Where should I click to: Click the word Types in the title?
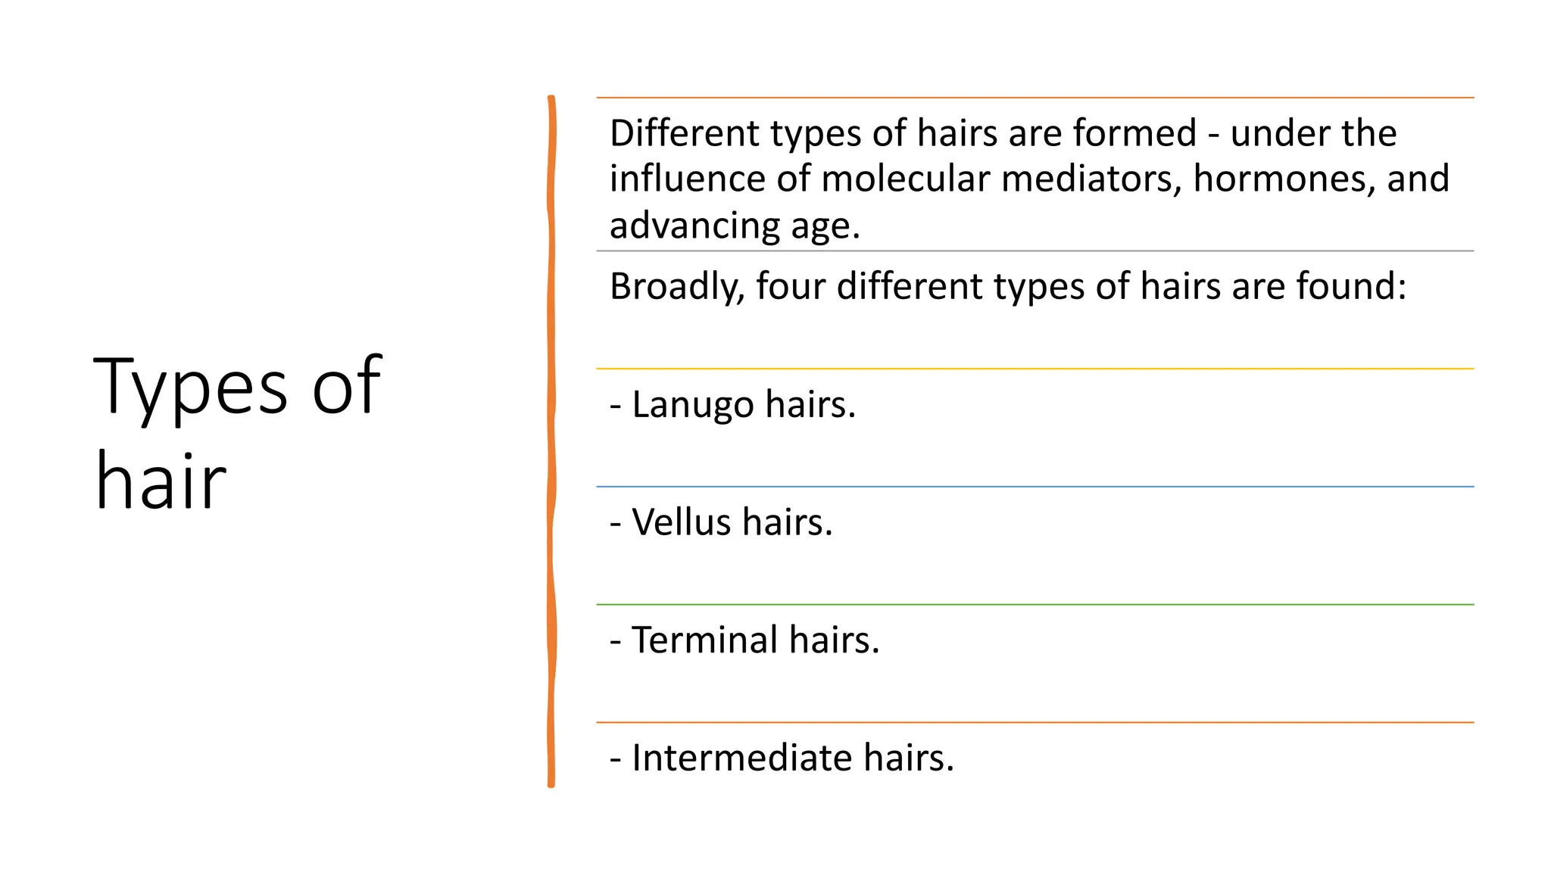[190, 388]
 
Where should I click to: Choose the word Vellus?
[682, 522]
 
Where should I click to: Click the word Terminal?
[704, 640]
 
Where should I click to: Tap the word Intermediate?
[741, 758]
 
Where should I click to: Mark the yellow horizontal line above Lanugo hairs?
[1035, 369]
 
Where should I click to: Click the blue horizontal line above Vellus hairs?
[1035, 487]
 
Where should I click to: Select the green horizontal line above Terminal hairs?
[1035, 605]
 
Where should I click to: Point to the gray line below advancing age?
[1035, 251]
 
